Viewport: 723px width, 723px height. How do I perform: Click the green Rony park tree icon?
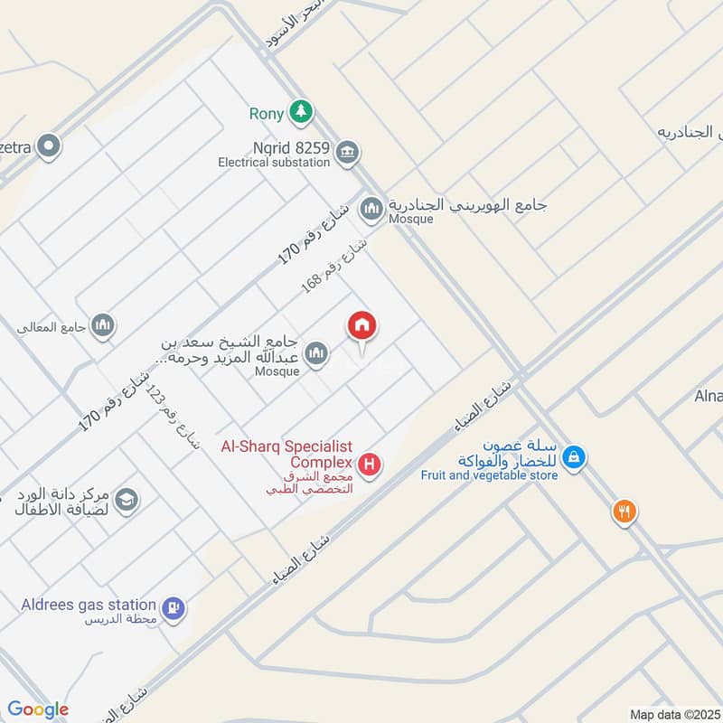[301, 113]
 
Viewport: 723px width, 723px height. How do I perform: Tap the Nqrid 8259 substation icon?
[346, 152]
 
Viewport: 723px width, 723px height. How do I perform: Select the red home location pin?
[362, 326]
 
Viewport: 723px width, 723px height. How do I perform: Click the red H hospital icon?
[369, 465]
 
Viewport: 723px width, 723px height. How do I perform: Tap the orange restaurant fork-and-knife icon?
[624, 512]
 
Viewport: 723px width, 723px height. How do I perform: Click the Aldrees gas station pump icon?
[174, 608]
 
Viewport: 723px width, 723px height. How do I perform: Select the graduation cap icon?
[127, 500]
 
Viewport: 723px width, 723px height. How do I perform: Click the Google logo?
[38, 709]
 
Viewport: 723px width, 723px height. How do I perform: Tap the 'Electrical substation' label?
[274, 163]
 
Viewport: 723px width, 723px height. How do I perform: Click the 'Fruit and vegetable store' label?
[489, 474]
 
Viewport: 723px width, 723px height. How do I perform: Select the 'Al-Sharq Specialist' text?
[287, 446]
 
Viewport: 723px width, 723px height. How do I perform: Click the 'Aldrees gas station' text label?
[89, 604]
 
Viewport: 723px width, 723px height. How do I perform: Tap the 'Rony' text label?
[266, 114]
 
